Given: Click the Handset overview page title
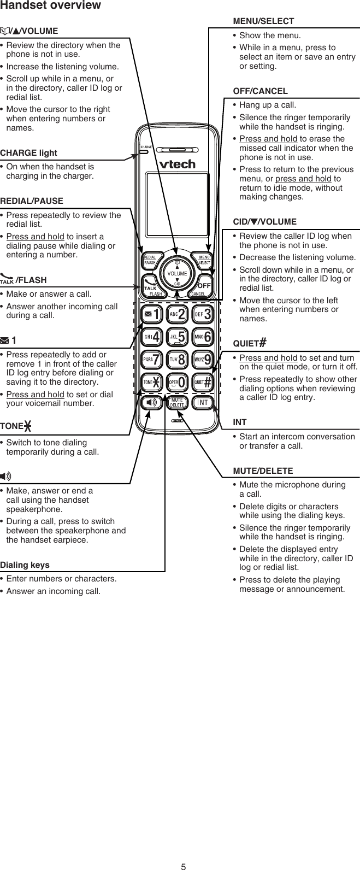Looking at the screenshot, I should tap(50, 5).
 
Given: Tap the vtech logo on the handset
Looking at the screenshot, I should tap(176, 163).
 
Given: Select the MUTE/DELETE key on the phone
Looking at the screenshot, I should tap(177, 403).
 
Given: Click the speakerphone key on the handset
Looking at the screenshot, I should tap(150, 403).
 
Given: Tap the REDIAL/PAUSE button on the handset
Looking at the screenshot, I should tap(150, 261).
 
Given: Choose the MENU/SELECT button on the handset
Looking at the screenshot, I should tap(204, 260).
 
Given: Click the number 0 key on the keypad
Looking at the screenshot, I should tap(177, 382).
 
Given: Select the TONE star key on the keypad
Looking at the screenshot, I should tap(150, 382).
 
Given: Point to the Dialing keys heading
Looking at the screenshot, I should tap(25, 565).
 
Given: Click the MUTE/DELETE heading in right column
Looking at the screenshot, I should tap(263, 471).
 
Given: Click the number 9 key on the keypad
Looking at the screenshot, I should tap(203, 360).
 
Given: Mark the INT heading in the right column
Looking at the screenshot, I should tap(239, 422).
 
